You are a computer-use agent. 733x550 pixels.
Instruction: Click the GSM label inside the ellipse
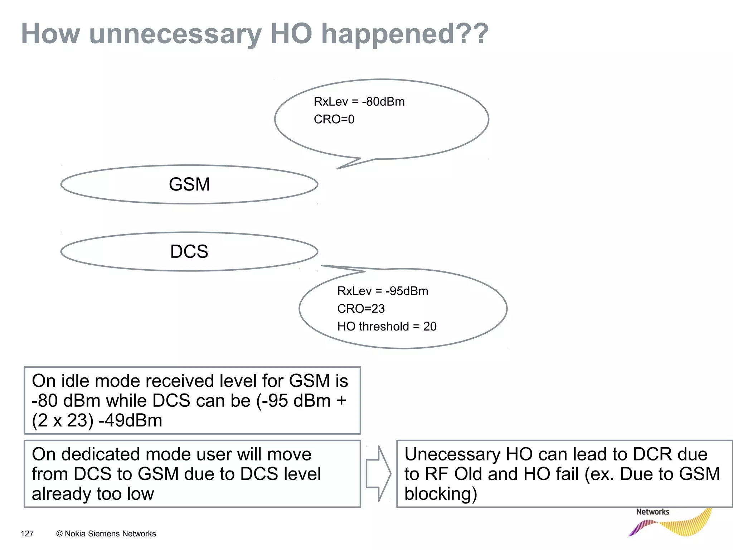pos(189,184)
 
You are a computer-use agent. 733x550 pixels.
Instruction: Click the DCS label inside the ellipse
pos(189,251)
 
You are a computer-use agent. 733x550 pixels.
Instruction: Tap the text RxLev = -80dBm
pos(359,102)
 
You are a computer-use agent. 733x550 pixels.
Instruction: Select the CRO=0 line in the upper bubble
pos(334,119)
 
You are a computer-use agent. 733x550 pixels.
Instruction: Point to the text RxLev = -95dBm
pos(383,291)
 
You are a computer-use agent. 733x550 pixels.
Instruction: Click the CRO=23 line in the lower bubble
pos(361,309)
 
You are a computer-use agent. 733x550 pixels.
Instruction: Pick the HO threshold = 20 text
pos(387,327)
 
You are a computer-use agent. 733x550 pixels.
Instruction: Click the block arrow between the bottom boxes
pos(378,474)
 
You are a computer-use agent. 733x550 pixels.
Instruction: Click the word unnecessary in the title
pos(175,34)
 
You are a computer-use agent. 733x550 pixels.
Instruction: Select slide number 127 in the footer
pos(27,534)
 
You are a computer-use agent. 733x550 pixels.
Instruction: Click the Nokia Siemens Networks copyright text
pos(106,534)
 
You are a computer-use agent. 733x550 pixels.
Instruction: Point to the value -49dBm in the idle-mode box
pos(130,420)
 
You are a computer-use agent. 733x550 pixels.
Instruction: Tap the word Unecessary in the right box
pos(452,454)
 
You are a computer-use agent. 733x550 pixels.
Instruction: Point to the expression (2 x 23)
pos(63,420)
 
